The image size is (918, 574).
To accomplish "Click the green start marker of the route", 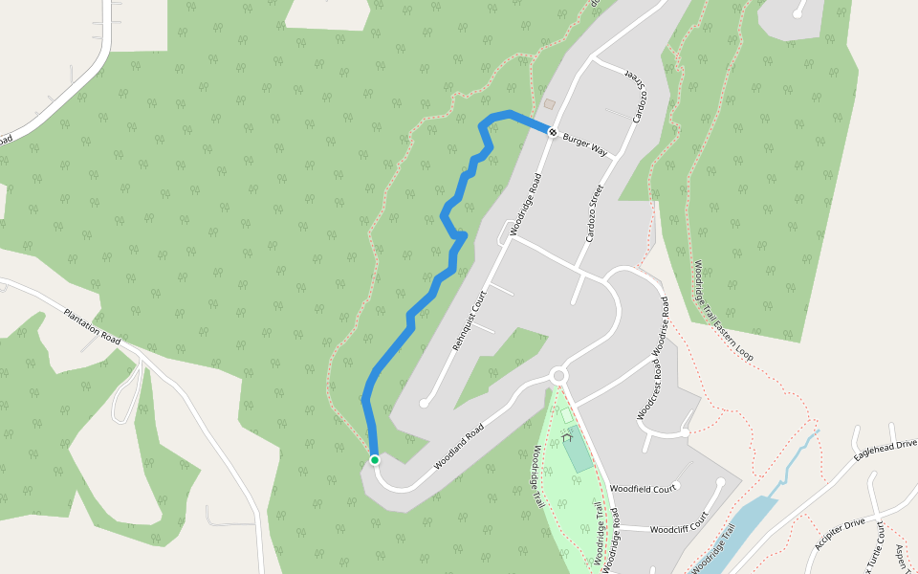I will pyautogui.click(x=375, y=460).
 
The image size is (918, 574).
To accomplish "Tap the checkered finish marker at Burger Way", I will pyautogui.click(x=553, y=131).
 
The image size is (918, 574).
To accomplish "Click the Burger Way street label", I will pyautogui.click(x=585, y=144).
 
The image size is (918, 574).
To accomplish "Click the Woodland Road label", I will pyautogui.click(x=459, y=447).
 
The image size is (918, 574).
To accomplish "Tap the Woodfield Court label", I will pyautogui.click(x=643, y=488).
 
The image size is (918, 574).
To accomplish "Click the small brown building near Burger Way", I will pyautogui.click(x=549, y=103).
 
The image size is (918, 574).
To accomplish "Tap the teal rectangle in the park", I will pyautogui.click(x=578, y=454).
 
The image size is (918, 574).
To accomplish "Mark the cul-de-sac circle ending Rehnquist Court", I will pyautogui.click(x=424, y=404).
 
